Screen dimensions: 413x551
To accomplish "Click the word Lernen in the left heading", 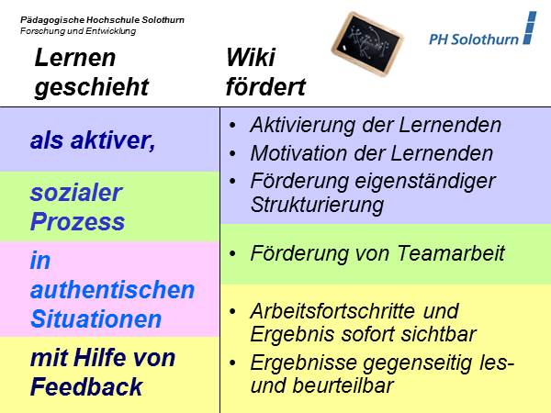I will pos(75,58).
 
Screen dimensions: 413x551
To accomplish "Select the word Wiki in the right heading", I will pos(251,58).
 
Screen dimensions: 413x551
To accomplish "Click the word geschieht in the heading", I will pos(92,87).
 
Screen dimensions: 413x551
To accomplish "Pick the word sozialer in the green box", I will pos(76,193).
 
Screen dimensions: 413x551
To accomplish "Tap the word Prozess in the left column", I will pos(77,222).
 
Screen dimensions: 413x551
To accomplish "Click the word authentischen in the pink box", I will pos(113,290).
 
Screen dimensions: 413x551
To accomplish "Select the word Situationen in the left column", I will pos(96,319).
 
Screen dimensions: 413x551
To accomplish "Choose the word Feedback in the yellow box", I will pos(86,386).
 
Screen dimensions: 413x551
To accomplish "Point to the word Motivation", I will pos(297,153).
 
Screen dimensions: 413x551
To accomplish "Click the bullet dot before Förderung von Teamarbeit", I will pos(235,253).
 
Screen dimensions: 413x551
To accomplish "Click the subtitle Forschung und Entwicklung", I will pos(78,30).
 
